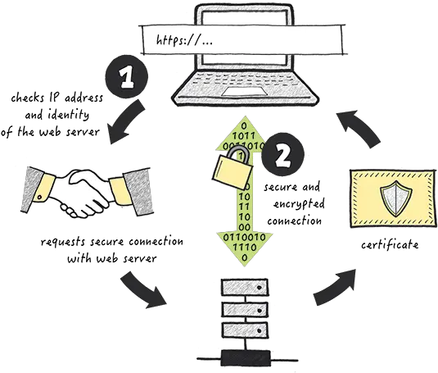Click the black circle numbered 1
[127, 77]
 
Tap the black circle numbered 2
[283, 156]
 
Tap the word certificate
[390, 244]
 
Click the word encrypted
[299, 204]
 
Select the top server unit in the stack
[245, 288]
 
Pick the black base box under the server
[246, 357]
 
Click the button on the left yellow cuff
[39, 198]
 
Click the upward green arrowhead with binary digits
[245, 134]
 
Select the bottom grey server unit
[246, 330]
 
